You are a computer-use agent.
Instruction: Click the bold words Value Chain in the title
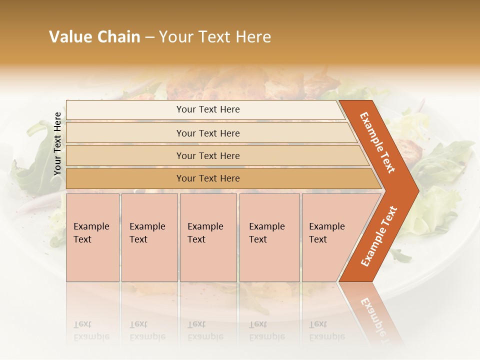click(x=94, y=37)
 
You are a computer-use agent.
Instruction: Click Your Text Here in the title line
click(x=215, y=37)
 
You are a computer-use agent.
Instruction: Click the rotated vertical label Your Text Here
click(x=57, y=144)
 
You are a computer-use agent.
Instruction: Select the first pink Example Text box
click(x=92, y=237)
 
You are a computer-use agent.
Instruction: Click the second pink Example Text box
click(x=149, y=237)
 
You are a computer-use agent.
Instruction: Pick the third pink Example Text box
click(x=208, y=237)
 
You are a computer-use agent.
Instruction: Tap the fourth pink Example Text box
click(x=269, y=237)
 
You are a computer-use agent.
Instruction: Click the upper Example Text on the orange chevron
click(x=377, y=142)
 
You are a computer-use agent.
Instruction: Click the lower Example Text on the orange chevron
click(x=379, y=236)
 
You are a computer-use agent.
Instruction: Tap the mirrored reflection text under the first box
click(x=91, y=330)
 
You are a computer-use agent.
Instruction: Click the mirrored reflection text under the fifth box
click(x=327, y=330)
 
